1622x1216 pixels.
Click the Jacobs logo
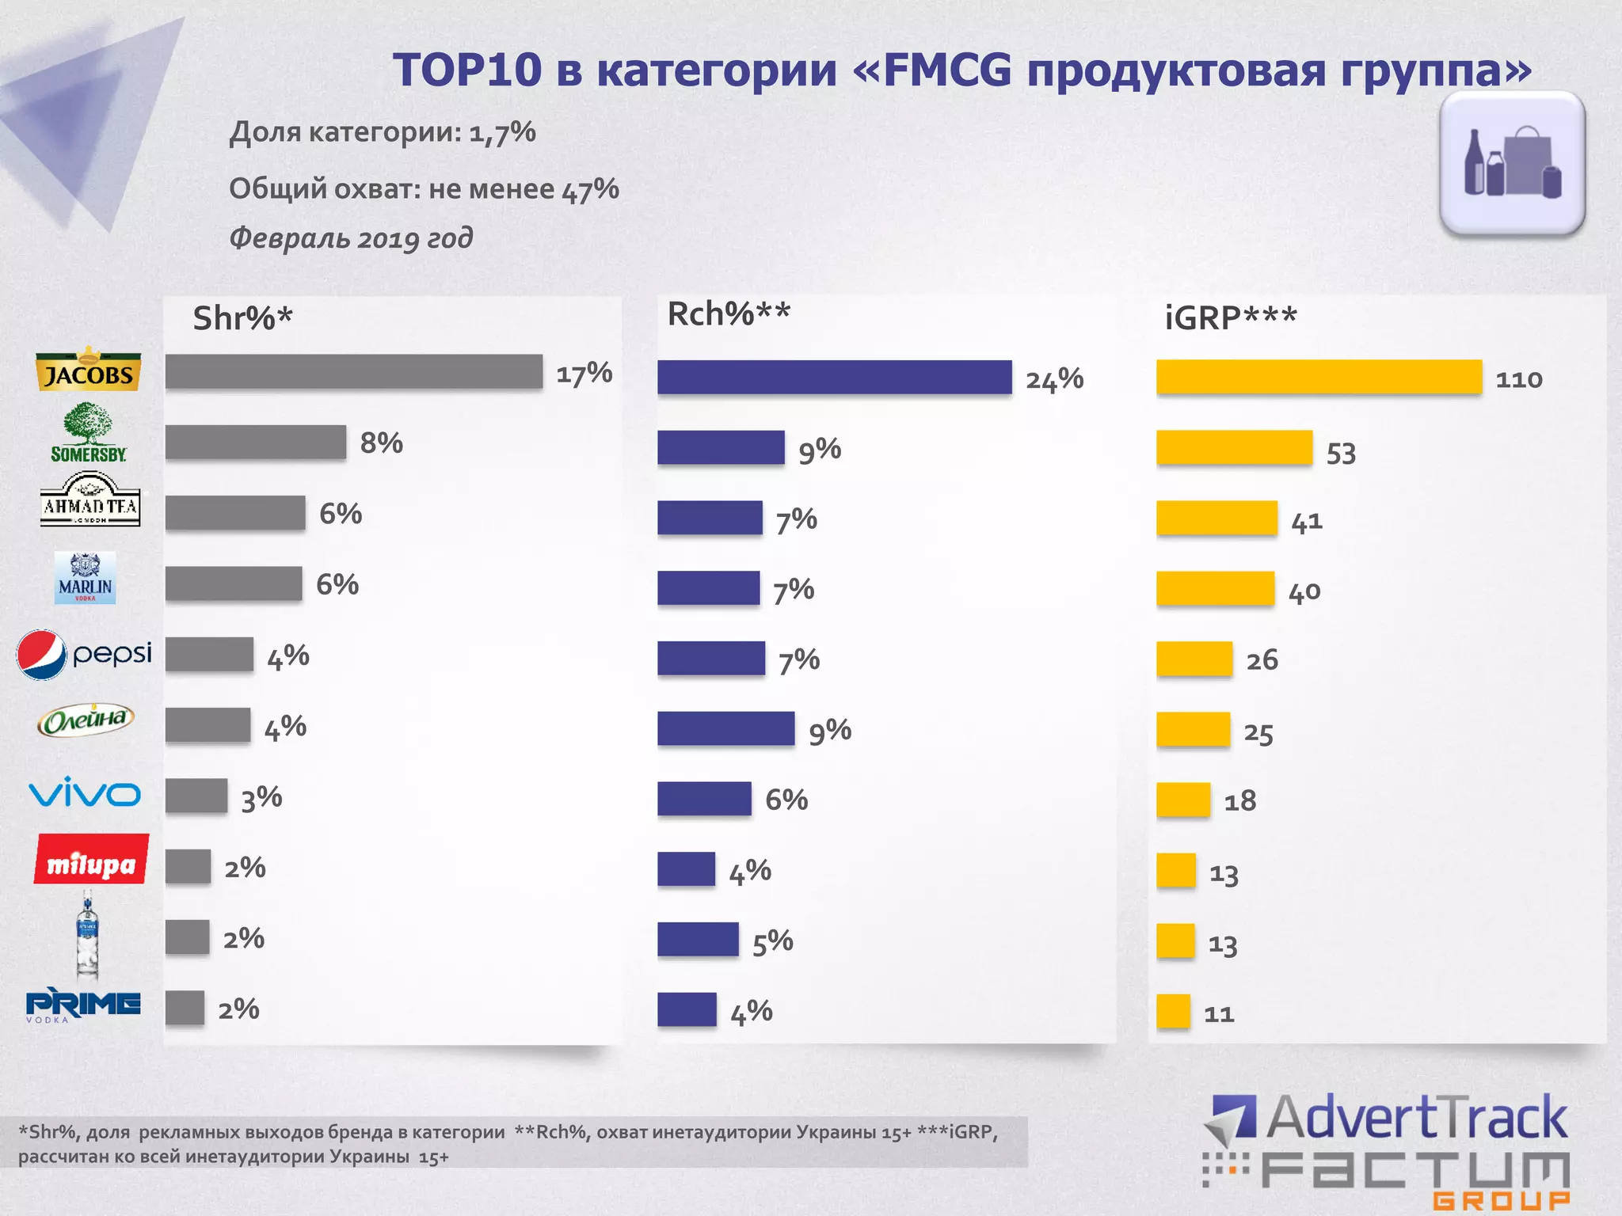pyautogui.click(x=88, y=370)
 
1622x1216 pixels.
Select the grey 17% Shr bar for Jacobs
pyautogui.click(x=353, y=371)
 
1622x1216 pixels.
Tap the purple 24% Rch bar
pyautogui.click(x=834, y=377)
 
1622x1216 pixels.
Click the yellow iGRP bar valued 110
pyautogui.click(x=1319, y=377)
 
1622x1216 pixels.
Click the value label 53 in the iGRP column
pyautogui.click(x=1341, y=454)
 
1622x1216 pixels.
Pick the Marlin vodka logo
pyautogui.click(x=85, y=578)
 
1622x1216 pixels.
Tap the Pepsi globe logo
pyautogui.click(x=41, y=655)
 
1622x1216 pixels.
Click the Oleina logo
pyautogui.click(x=86, y=720)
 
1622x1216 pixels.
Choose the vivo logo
pyautogui.click(x=84, y=793)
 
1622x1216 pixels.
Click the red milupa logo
pyautogui.click(x=91, y=860)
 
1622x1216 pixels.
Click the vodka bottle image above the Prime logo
pyautogui.click(x=87, y=934)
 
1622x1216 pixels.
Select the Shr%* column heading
pyautogui.click(x=242, y=318)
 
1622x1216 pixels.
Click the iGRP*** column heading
pyautogui.click(x=1230, y=318)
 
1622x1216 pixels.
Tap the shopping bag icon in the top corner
pyautogui.click(x=1512, y=163)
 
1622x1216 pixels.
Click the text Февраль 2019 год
pyautogui.click(x=351, y=237)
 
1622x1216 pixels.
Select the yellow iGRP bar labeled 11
pyautogui.click(x=1173, y=1011)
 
